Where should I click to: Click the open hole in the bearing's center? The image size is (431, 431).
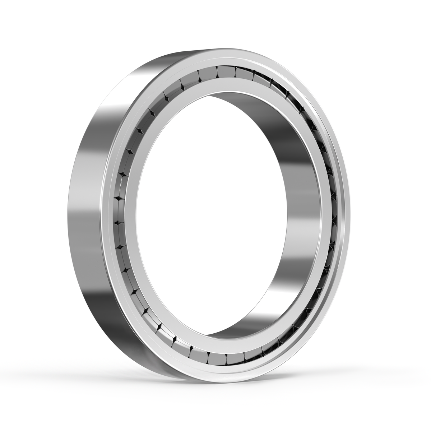click(x=212, y=212)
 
